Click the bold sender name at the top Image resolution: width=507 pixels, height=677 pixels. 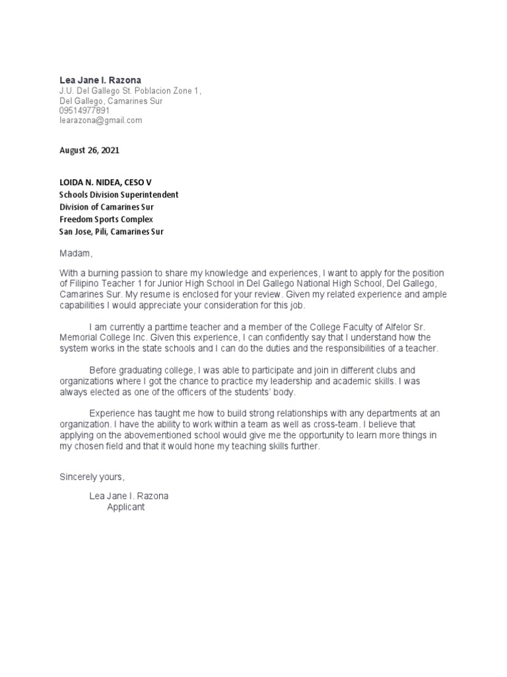100,80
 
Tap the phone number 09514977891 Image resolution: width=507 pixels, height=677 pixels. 84,111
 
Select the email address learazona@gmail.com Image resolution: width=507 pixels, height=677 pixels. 100,120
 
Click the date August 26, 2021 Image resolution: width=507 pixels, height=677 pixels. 89,151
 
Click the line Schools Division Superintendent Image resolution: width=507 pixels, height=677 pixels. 119,194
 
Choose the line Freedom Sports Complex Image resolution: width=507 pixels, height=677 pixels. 106,219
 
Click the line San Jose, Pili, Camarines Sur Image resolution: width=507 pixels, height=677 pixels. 112,231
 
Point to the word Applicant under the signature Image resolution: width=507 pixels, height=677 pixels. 125,508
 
